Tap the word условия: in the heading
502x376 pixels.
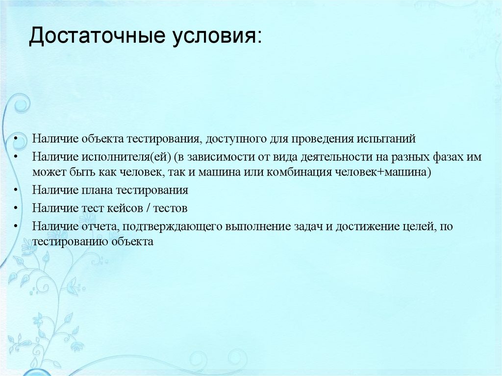[216, 37]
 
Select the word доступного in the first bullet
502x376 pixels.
[236, 139]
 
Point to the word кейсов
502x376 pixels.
[123, 207]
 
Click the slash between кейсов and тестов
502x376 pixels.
[148, 207]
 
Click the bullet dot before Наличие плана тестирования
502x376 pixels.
[16, 190]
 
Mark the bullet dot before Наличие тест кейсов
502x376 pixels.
[16, 207]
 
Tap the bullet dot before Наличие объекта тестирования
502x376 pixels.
[16, 139]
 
